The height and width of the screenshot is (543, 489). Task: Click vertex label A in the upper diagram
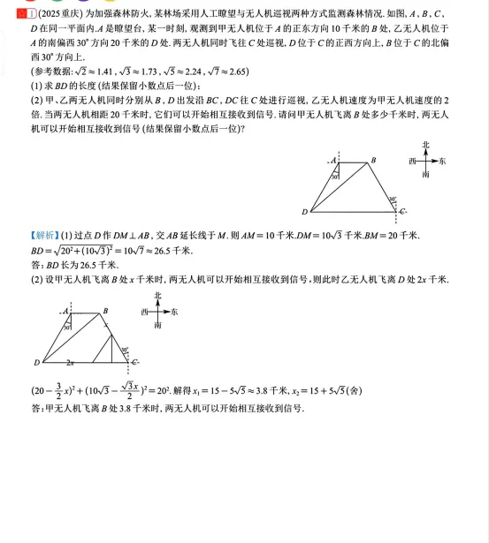pos(333,161)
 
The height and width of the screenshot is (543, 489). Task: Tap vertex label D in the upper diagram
pos(304,212)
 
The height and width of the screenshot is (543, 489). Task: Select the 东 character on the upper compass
pos(442,162)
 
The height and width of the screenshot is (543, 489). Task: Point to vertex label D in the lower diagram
pos(37,362)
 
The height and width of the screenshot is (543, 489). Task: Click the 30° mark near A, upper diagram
pos(336,177)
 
